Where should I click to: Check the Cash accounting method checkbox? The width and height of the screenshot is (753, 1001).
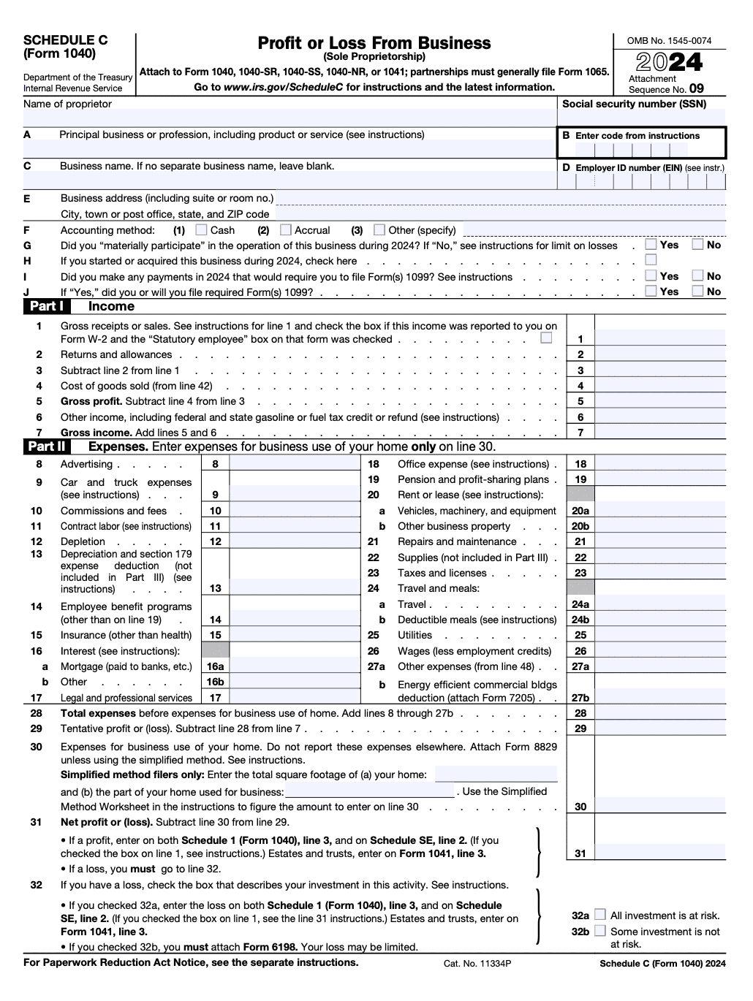(x=202, y=230)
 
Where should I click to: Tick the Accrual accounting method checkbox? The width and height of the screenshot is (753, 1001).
(x=286, y=230)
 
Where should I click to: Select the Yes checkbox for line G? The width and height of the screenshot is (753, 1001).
(x=651, y=245)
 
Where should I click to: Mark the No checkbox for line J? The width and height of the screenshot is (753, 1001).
(x=698, y=291)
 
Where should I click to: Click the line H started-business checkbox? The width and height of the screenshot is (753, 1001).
(x=651, y=260)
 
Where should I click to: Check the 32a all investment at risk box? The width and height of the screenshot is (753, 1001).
(x=600, y=915)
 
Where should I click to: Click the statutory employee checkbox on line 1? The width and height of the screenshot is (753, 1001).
(x=546, y=338)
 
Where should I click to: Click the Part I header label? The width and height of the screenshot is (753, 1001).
(x=46, y=307)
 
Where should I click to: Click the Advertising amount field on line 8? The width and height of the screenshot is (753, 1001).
(x=295, y=464)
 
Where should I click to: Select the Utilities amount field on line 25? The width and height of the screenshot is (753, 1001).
(x=660, y=635)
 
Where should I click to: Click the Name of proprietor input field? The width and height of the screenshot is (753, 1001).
(x=290, y=118)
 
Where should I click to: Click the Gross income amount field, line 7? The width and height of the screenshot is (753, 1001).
(x=660, y=432)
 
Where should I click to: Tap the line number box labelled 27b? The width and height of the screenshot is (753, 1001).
(x=580, y=698)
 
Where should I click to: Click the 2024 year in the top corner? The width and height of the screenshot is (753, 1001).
(x=669, y=63)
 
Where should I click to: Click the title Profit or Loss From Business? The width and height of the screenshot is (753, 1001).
(x=374, y=43)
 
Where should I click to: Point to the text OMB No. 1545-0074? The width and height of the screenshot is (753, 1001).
(x=669, y=41)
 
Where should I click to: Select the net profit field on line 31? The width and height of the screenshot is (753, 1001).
(x=660, y=853)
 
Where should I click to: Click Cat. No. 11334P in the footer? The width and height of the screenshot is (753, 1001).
(x=477, y=964)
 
